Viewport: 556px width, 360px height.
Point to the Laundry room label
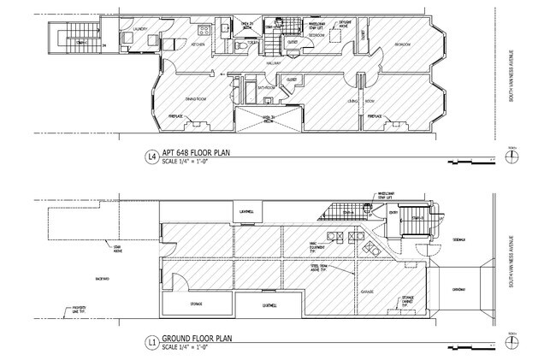click(x=141, y=29)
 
